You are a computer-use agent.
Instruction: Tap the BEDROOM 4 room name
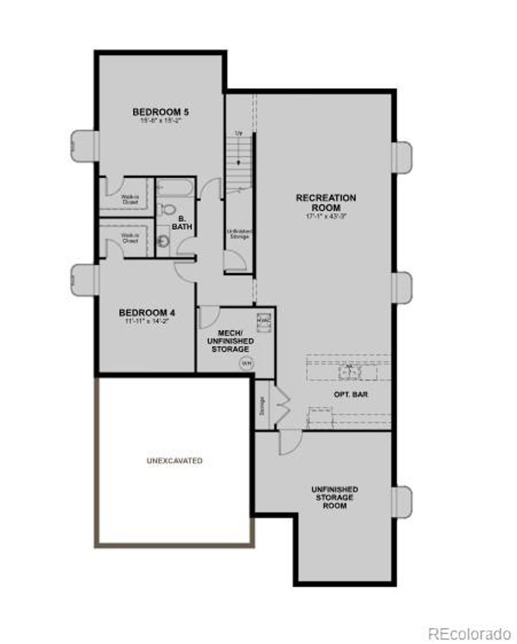(147, 312)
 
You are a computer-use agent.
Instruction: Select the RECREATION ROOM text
(326, 202)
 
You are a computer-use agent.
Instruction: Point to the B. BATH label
(182, 223)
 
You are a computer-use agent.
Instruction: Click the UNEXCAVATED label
(175, 461)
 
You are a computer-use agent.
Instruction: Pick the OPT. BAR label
(351, 394)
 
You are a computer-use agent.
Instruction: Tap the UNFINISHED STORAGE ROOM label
(335, 497)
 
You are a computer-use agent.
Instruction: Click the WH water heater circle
(246, 363)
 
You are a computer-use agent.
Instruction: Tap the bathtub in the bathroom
(174, 188)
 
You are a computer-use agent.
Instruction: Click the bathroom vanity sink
(163, 241)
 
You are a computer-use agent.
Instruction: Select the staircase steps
(238, 156)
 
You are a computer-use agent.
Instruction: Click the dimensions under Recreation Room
(326, 216)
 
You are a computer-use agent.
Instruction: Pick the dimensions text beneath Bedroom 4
(147, 321)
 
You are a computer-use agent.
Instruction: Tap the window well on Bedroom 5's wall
(84, 146)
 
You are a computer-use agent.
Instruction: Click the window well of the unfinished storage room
(403, 502)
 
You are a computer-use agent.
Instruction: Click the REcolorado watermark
(470, 633)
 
